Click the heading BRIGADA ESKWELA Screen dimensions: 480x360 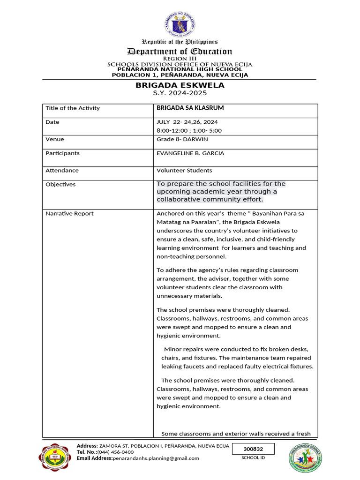coord(180,85)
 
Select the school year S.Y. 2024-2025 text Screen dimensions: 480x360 coord(180,93)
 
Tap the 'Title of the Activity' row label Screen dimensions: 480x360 coord(73,108)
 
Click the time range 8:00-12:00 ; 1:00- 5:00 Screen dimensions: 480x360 coord(189,131)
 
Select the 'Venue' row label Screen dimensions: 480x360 coord(55,139)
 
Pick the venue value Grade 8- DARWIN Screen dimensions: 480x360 coord(182,139)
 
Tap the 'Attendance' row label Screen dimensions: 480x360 coord(62,171)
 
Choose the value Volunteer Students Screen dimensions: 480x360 coord(184,171)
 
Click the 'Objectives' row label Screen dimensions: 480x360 coord(60,185)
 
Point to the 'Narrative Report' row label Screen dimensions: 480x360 coord(69,214)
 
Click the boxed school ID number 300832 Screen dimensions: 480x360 coord(253,449)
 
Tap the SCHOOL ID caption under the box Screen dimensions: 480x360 coord(253,458)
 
